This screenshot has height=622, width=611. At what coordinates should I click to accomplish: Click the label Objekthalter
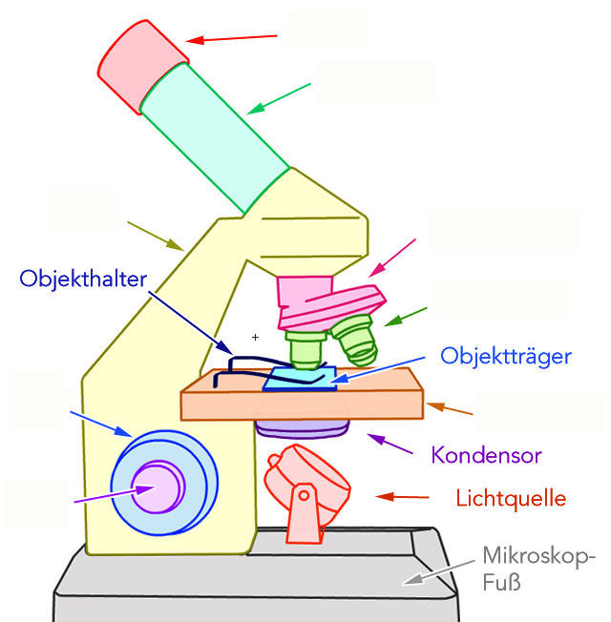[x=82, y=279]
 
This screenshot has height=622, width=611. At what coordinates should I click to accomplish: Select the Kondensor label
[x=486, y=455]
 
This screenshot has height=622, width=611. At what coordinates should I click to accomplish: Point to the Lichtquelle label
[x=511, y=498]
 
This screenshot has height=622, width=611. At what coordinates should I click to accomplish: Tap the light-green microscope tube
[x=214, y=133]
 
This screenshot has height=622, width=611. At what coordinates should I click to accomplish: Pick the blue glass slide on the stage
[x=301, y=378]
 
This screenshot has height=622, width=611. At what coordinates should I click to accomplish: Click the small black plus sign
[x=255, y=337]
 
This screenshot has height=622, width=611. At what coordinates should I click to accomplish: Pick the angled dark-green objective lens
[x=354, y=341]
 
